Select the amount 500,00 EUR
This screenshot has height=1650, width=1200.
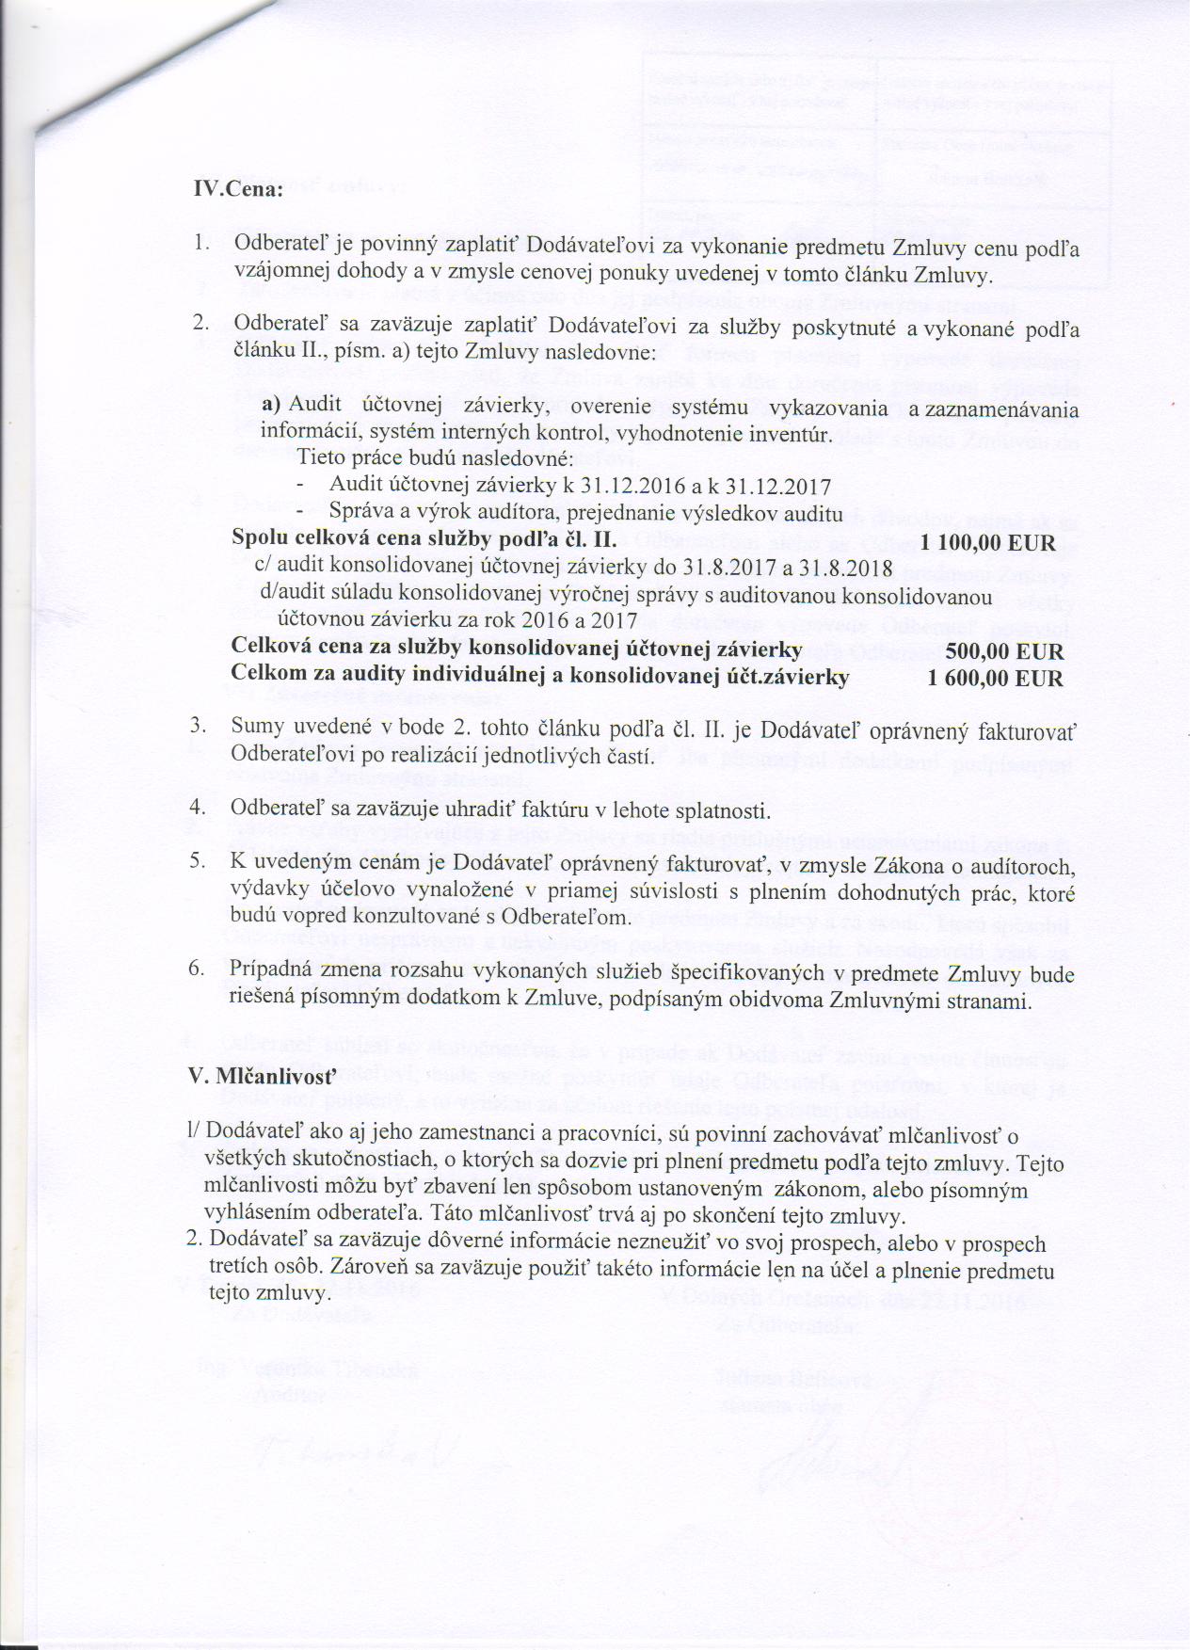[x=1004, y=651]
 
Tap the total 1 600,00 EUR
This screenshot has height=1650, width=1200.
[x=995, y=678]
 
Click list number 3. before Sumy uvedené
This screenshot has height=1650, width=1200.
[x=199, y=727]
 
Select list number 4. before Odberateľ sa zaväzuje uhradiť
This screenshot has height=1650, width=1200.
[x=199, y=809]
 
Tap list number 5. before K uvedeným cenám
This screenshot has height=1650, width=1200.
[x=199, y=862]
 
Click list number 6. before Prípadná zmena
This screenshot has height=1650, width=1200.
[x=199, y=970]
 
